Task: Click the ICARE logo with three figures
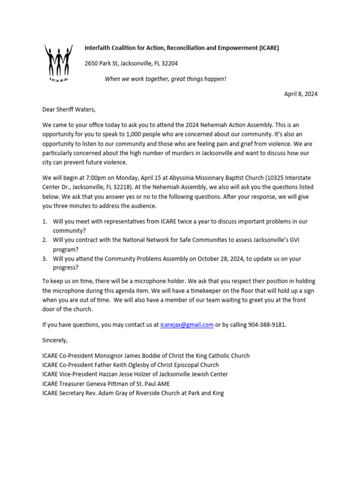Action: pos(59,62)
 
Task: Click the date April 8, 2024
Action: pos(300,94)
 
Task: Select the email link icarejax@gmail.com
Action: pos(187,324)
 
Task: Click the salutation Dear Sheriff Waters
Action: pos(68,110)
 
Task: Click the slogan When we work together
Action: pos(165,78)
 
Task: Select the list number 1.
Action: pos(45,221)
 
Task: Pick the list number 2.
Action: pos(45,240)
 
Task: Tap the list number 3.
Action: pos(45,259)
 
